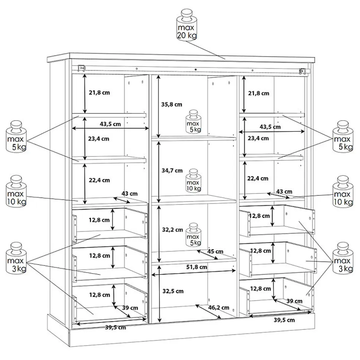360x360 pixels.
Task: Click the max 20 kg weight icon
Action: click(186, 25)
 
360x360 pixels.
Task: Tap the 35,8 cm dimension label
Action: click(171, 105)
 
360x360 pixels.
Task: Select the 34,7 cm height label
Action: click(172, 171)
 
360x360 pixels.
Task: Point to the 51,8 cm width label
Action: click(197, 267)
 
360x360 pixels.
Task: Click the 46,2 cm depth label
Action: click(219, 308)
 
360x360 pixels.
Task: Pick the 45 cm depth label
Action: click(215, 252)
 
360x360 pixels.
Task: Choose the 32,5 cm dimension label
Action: click(173, 291)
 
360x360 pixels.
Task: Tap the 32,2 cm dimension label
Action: click(173, 230)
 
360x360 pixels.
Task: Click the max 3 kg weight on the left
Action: click(16, 258)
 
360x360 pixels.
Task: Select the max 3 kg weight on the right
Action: click(343, 258)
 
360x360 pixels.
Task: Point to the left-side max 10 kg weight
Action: click(16, 191)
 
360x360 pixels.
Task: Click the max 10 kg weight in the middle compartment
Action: click(193, 181)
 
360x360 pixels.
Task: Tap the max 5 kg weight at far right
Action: click(343, 136)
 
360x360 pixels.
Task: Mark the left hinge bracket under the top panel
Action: click(81, 68)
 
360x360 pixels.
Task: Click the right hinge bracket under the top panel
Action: click(302, 72)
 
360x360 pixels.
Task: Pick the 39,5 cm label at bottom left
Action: click(115, 327)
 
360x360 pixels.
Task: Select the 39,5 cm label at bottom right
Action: click(284, 320)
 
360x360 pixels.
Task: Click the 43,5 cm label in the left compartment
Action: click(110, 124)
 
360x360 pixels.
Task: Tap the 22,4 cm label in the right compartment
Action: click(258, 179)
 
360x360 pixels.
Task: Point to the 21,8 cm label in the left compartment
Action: click(99, 93)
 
